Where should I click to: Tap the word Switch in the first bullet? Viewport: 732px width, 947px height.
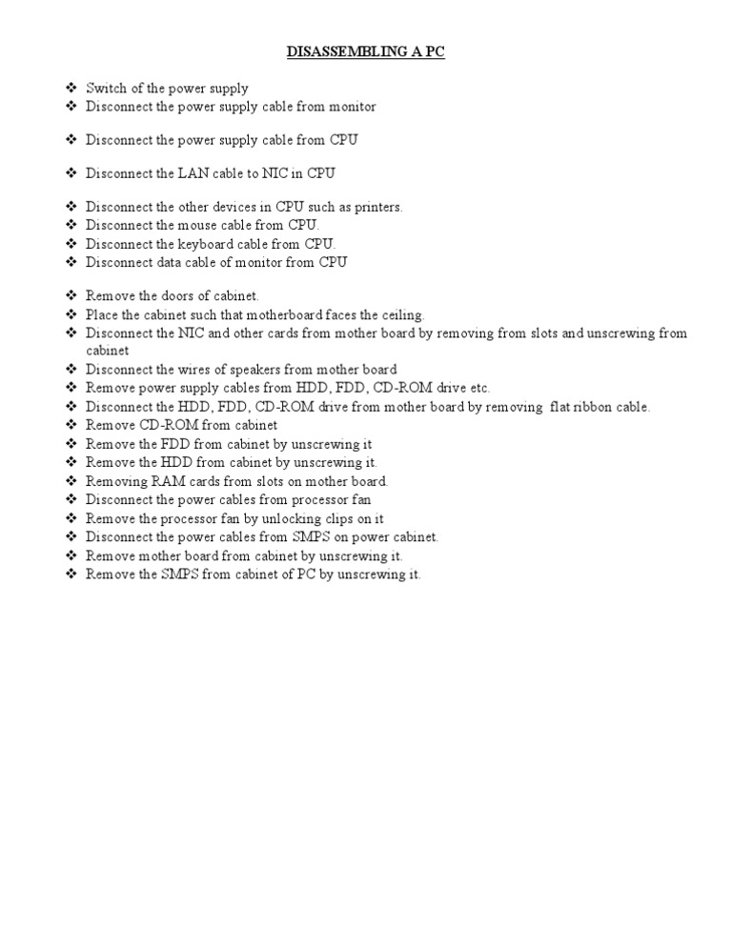(104, 89)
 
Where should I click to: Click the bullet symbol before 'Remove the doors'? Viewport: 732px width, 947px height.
(71, 296)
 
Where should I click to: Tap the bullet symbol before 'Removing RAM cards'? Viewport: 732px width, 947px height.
(71, 481)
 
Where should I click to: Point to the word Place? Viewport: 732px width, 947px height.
(101, 314)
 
